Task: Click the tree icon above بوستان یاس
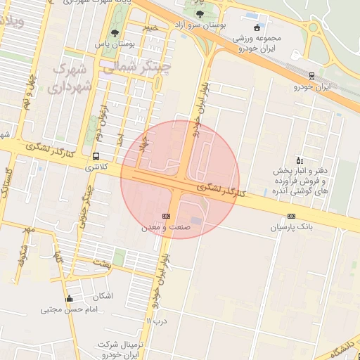click(115, 32)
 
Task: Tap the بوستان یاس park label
click(115, 44)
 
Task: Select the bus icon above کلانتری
click(96, 157)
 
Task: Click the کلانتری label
click(97, 168)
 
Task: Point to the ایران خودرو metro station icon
click(312, 76)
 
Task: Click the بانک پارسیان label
click(291, 228)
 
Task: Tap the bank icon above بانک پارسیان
click(291, 216)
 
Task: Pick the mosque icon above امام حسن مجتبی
click(69, 298)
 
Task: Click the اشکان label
click(103, 296)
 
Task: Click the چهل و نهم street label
click(30, 90)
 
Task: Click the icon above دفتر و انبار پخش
click(300, 160)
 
